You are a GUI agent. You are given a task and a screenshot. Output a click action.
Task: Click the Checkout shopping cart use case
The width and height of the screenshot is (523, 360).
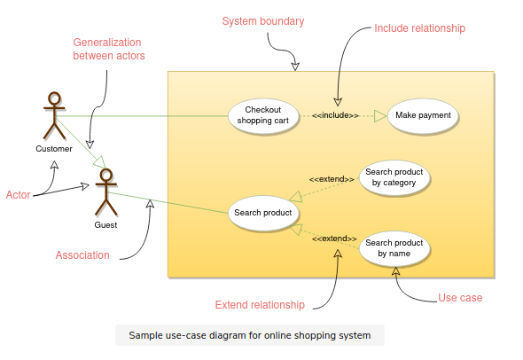click(x=263, y=116)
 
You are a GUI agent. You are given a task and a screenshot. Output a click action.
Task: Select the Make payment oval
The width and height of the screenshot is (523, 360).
click(x=423, y=116)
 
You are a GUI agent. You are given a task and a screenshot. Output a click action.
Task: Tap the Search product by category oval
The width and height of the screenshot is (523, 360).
click(x=394, y=177)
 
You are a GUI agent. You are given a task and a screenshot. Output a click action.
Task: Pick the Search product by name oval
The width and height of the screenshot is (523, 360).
click(x=394, y=248)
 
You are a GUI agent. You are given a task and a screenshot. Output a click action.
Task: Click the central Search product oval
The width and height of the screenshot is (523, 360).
click(x=263, y=213)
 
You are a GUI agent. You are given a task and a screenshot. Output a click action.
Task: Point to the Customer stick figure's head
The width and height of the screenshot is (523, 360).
click(x=54, y=99)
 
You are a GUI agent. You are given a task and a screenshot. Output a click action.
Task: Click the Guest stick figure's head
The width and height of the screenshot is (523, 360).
click(x=106, y=176)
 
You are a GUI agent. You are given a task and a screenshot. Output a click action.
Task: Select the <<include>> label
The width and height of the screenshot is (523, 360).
click(x=335, y=115)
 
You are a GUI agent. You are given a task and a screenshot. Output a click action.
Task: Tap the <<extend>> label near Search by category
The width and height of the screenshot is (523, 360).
click(x=332, y=179)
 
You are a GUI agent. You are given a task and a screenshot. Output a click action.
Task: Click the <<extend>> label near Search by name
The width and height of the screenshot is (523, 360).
click(x=334, y=239)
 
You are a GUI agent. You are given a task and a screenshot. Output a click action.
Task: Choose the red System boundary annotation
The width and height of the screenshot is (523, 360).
click(x=263, y=21)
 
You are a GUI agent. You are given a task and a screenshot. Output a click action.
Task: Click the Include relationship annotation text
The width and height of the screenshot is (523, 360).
click(x=419, y=28)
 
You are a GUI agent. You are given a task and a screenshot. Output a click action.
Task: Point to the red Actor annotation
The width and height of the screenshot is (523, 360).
click(x=19, y=195)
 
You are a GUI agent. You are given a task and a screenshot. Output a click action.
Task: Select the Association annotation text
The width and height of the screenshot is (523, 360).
click(x=82, y=255)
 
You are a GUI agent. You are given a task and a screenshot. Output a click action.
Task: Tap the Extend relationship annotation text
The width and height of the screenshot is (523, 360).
click(x=260, y=305)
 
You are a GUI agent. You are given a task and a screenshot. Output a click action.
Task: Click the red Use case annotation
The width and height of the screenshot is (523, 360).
click(x=460, y=298)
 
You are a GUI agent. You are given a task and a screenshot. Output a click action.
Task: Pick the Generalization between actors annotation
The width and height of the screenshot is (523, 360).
click(x=109, y=49)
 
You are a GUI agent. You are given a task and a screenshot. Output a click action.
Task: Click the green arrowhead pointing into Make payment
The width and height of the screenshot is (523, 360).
click(x=380, y=116)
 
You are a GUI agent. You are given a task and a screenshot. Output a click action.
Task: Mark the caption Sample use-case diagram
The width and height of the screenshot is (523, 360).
click(x=250, y=335)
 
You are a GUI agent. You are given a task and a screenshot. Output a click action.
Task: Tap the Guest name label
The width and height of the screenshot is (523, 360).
click(x=105, y=225)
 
